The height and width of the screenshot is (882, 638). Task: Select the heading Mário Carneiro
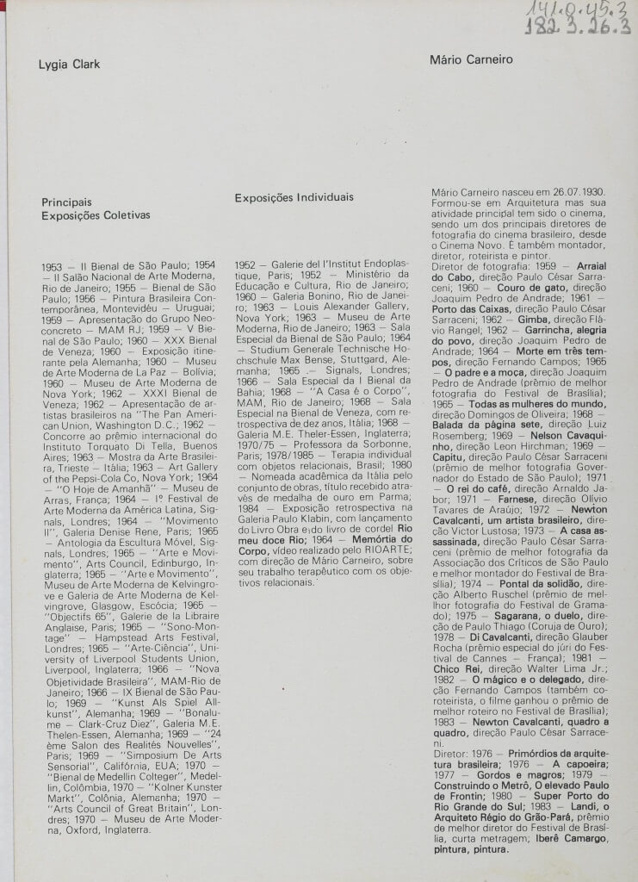(x=470, y=59)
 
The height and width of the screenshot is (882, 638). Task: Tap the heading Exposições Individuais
(x=294, y=197)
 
